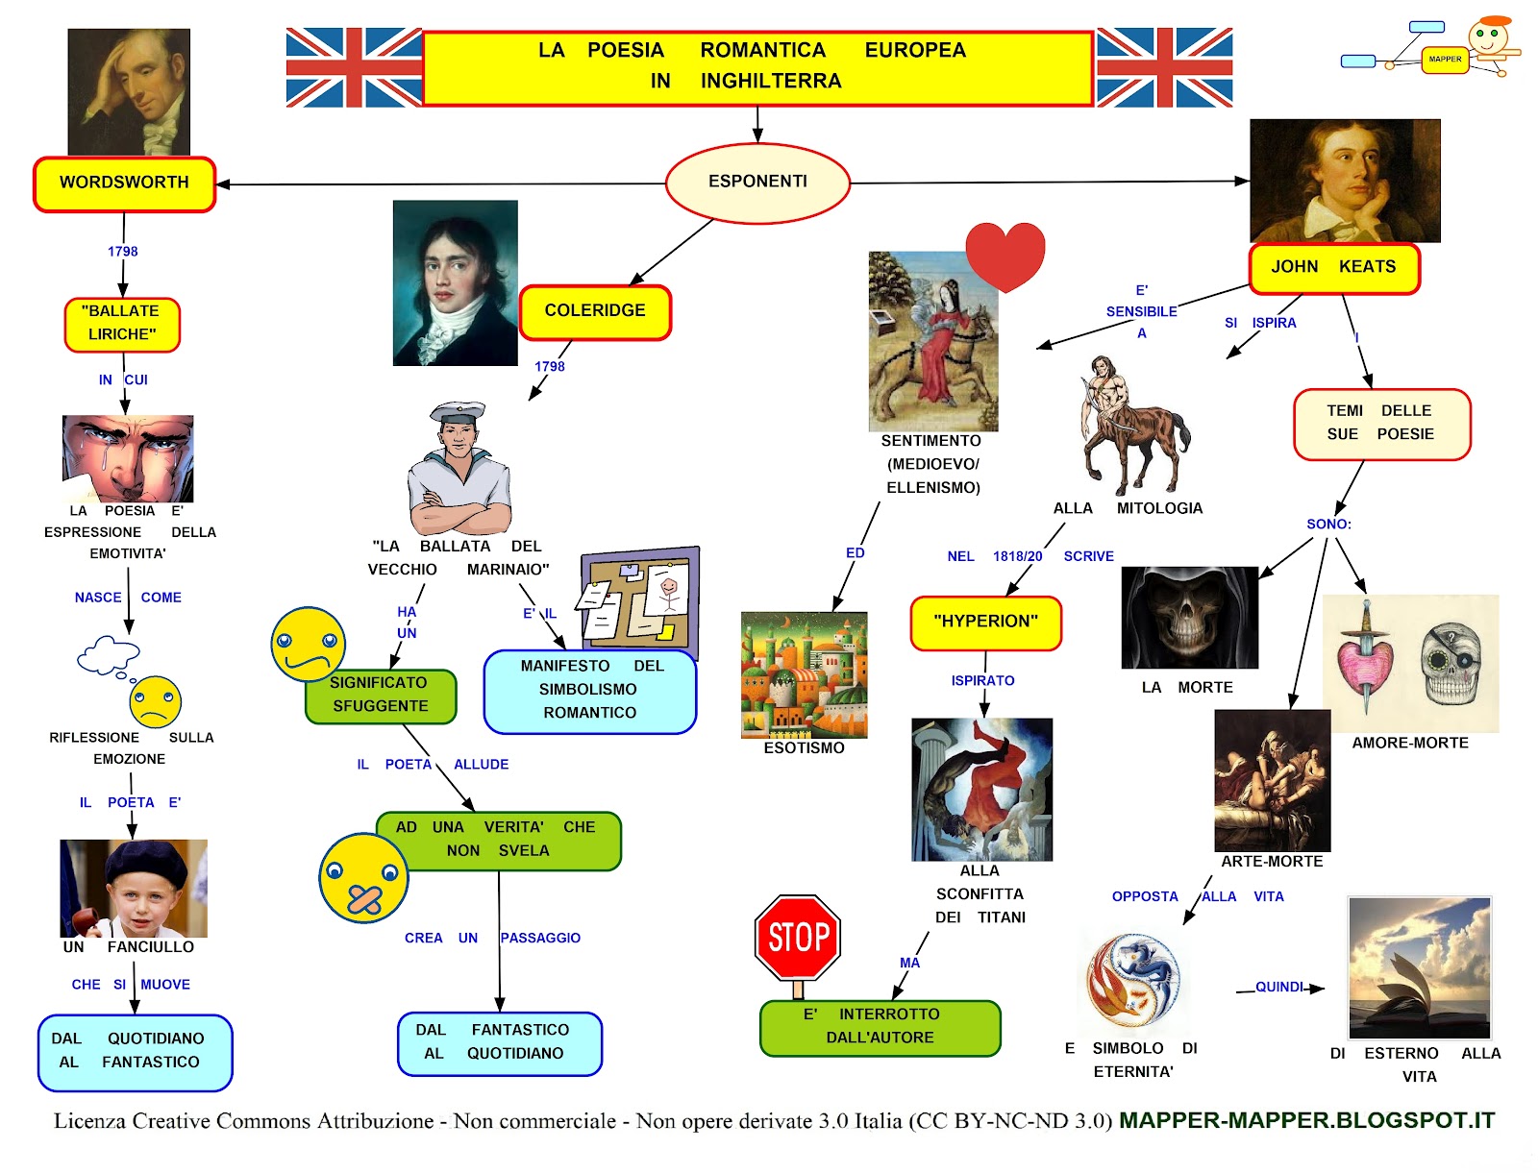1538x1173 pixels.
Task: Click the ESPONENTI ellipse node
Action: coord(757,182)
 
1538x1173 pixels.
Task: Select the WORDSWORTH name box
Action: coord(124,183)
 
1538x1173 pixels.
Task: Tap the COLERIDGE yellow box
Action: coord(595,311)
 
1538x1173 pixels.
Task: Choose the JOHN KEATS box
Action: coord(1333,267)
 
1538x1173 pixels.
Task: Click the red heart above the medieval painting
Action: coord(1005,255)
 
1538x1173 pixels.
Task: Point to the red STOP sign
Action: coord(798,938)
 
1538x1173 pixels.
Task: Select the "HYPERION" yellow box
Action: coord(985,622)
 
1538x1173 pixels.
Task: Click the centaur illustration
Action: coord(1132,423)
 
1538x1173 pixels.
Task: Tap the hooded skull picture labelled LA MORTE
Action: coord(1189,617)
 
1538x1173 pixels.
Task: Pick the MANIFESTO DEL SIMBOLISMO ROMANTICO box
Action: coord(589,690)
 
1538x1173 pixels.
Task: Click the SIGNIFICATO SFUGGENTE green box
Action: coord(381,695)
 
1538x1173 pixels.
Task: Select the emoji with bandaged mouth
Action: coord(362,878)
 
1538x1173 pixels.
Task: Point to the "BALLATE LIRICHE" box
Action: coord(122,324)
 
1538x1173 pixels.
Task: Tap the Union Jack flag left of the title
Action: coord(353,67)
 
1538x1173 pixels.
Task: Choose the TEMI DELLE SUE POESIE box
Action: coord(1381,424)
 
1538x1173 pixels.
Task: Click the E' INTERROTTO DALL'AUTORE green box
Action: coord(880,1027)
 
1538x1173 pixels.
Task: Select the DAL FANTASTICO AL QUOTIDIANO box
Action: coord(499,1042)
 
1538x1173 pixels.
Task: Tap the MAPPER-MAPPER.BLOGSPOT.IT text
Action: coord(1306,1120)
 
